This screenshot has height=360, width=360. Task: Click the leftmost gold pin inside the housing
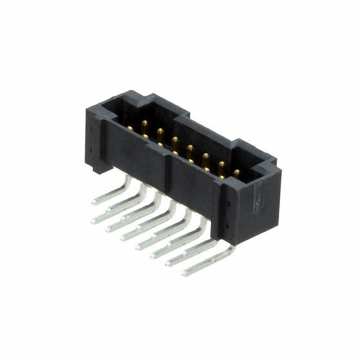coord(130,128)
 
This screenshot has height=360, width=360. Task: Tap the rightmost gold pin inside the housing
coord(236,173)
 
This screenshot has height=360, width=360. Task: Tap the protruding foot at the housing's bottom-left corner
coord(93,168)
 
